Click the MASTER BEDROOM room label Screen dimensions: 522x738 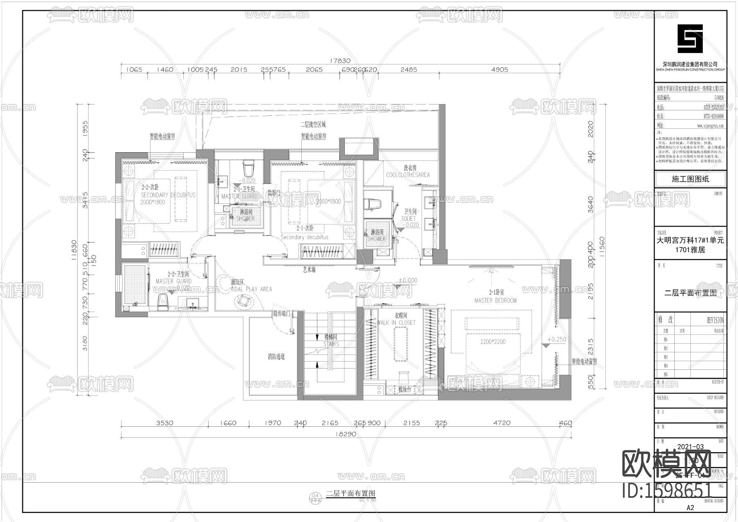pyautogui.click(x=495, y=300)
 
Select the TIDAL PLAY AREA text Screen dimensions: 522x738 pyautogui.click(x=251, y=289)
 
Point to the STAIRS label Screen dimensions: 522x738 pyautogui.click(x=331, y=344)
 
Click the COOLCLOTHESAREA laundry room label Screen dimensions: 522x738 pyautogui.click(x=408, y=175)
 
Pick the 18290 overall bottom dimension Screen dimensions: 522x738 pyautogui.click(x=346, y=434)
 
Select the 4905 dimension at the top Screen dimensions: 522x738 pyautogui.click(x=499, y=70)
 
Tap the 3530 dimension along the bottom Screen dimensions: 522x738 pyautogui.click(x=164, y=423)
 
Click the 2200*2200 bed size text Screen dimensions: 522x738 pyautogui.click(x=492, y=341)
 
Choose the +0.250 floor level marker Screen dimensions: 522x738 pyautogui.click(x=556, y=339)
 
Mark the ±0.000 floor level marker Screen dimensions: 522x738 pyautogui.click(x=408, y=280)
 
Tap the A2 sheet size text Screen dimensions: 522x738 pyautogui.click(x=690, y=507)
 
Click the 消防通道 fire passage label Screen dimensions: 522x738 pyautogui.click(x=276, y=357)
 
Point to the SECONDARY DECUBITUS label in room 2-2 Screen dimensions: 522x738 pyautogui.click(x=168, y=195)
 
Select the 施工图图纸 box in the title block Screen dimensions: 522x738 pyautogui.click(x=690, y=179)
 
